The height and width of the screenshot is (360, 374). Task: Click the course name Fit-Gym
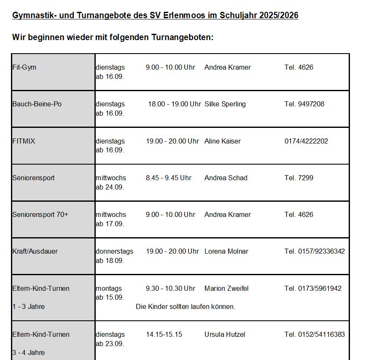point(24,68)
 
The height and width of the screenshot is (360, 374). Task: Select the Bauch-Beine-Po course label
point(37,104)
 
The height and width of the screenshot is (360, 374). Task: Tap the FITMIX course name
point(24,141)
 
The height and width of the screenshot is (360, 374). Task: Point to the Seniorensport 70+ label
point(40,214)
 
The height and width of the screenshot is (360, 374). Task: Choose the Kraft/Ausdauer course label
point(35,252)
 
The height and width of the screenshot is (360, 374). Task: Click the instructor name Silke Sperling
point(225,104)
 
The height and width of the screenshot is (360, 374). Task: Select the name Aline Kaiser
point(222,141)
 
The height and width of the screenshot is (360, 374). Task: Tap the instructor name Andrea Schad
point(226,178)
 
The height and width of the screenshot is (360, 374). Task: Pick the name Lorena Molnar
point(226,252)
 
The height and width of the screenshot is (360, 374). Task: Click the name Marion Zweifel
point(226,289)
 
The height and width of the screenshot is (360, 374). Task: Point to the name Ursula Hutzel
point(224,335)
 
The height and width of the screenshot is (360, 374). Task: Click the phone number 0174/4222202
point(306,141)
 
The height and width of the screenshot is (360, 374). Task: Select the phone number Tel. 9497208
point(304,104)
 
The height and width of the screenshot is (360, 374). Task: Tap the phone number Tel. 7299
point(299,178)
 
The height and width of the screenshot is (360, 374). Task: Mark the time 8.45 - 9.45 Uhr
point(168,178)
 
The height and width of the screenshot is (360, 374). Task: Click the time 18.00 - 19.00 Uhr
point(174,104)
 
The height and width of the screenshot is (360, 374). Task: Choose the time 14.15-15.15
point(164,335)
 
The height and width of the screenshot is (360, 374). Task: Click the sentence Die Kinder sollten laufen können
point(186,307)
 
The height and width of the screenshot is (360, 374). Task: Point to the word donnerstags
point(114,252)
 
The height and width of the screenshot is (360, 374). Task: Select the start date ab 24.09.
point(110,187)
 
